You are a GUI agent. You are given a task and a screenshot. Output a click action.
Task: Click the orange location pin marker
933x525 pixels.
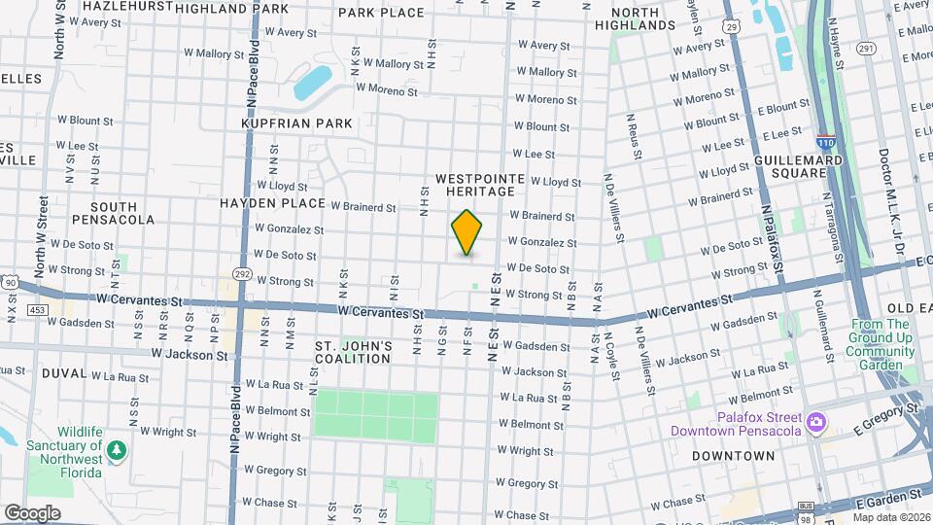tap(467, 232)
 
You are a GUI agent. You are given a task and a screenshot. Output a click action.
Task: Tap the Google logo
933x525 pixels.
tap(32, 513)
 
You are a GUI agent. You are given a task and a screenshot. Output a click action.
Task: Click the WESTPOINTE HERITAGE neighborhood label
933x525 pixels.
tap(479, 186)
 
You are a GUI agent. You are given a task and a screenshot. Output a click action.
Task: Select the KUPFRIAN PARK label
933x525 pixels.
tap(296, 123)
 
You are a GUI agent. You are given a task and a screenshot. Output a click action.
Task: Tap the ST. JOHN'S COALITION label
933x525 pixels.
tap(354, 352)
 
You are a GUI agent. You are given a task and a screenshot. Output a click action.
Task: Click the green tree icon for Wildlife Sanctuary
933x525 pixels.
tap(117, 450)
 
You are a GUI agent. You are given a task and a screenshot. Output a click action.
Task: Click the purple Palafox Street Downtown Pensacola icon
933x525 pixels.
tap(816, 423)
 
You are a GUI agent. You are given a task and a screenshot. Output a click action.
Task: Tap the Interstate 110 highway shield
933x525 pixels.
tap(826, 141)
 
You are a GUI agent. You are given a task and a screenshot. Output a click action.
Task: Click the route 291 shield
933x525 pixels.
tap(866, 47)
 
